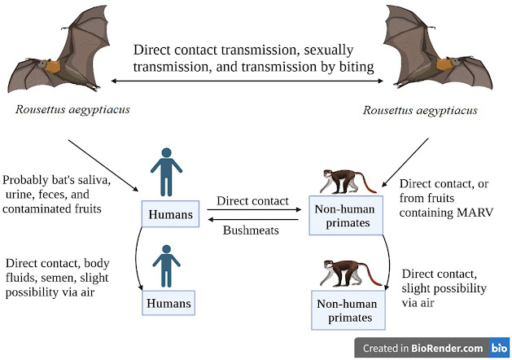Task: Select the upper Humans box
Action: tap(170, 215)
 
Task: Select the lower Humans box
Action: tap(170, 304)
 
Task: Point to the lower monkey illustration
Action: tap(351, 274)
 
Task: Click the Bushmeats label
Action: tap(252, 230)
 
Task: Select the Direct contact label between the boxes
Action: tap(252, 200)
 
